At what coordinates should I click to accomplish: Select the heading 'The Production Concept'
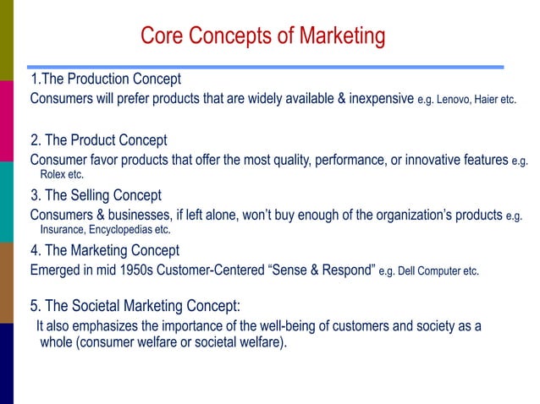[111, 79]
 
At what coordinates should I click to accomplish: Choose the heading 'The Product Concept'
[105, 139]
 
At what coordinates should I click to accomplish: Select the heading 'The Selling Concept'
[102, 196]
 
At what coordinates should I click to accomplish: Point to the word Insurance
[63, 229]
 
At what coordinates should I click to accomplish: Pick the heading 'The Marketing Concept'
[111, 250]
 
